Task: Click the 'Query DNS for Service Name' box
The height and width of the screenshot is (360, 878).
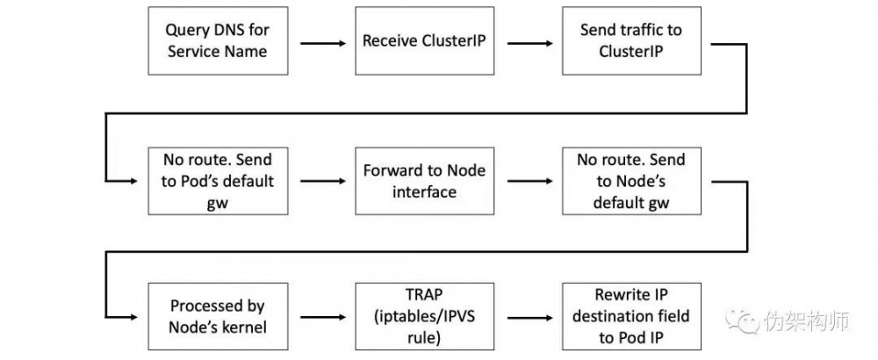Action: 217,41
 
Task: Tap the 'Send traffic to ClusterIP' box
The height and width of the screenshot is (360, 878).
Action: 630,41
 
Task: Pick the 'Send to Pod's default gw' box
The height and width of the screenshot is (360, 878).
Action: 217,182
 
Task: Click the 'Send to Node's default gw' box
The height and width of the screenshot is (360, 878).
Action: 630,182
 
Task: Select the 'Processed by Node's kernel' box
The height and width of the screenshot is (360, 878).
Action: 217,313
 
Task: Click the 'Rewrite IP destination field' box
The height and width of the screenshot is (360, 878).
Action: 630,313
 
